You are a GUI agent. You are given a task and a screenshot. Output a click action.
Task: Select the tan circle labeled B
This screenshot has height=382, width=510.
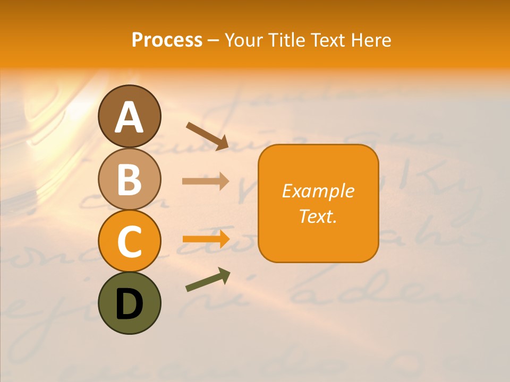pos(129,179)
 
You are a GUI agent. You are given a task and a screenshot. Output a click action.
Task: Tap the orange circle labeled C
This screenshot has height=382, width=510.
pos(129,241)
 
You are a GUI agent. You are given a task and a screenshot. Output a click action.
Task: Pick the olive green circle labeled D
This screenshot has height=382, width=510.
pos(129,303)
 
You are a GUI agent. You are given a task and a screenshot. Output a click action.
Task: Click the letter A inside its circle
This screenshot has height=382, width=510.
pos(129,117)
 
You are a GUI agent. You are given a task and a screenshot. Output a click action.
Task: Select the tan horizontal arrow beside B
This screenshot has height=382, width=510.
pos(205,181)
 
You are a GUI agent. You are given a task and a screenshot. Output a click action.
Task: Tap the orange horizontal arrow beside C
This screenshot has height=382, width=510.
pos(205,239)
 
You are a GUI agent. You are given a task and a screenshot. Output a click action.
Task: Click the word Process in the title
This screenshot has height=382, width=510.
pos(167,40)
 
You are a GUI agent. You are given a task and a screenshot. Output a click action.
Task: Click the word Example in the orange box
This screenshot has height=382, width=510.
pos(318,191)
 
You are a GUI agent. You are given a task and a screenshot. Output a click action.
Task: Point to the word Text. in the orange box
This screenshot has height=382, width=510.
pos(318,216)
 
